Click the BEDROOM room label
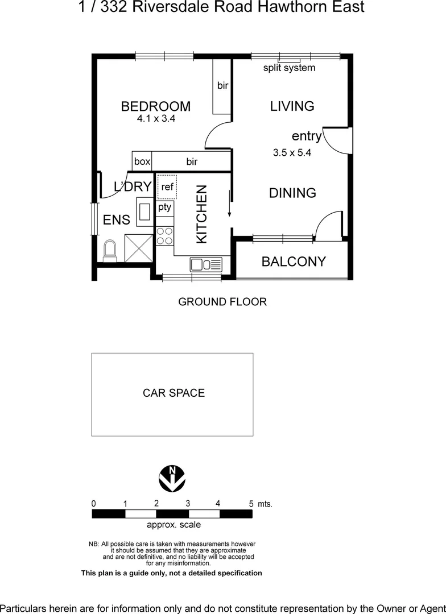pos(155,106)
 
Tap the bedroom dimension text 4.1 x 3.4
pos(155,119)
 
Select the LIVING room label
pos(292,106)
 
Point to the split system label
pos(289,68)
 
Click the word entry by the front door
pos(307,136)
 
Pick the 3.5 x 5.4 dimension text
pos(292,152)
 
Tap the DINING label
pos(292,193)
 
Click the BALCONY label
pos(294,262)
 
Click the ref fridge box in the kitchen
pos(167,187)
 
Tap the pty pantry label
pos(164,207)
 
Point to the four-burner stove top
pos(164,236)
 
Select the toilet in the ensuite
pos(110,249)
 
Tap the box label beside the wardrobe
pos(142,161)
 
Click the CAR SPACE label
pos(174,393)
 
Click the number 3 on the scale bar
pos(187,503)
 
